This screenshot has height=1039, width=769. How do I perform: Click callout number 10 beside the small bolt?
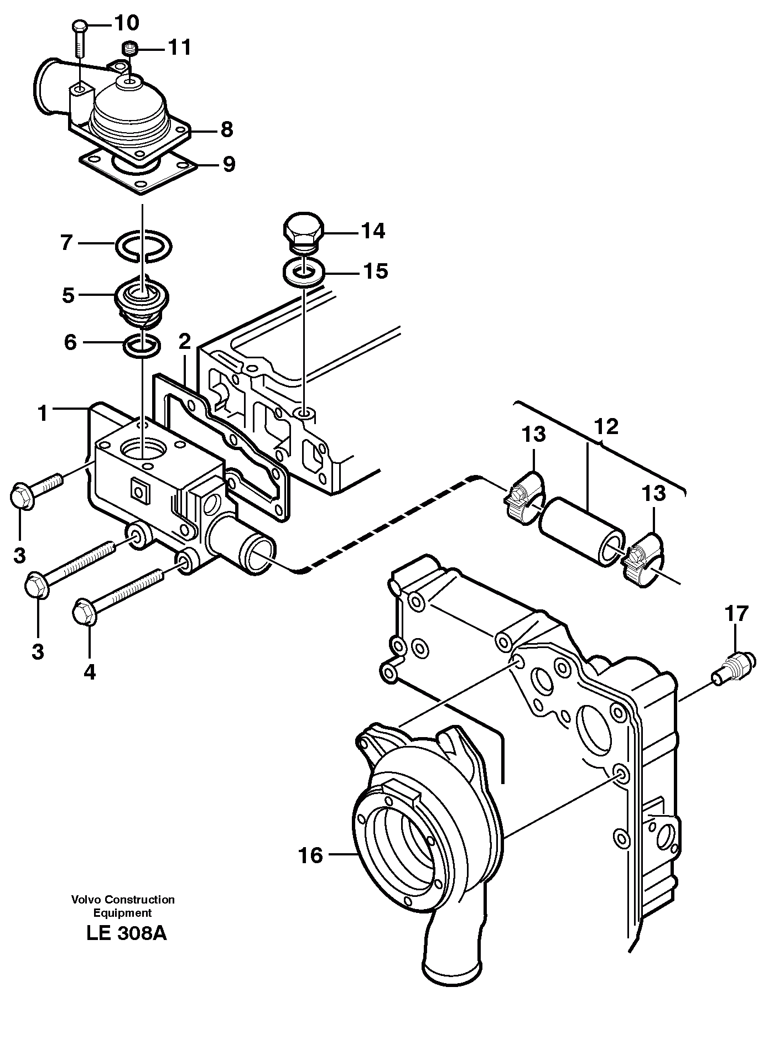[127, 23]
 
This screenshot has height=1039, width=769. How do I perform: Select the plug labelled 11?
[131, 50]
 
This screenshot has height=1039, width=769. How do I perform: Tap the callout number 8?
[226, 130]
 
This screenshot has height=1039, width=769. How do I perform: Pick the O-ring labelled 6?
[143, 346]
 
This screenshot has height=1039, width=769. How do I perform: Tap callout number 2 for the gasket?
[185, 341]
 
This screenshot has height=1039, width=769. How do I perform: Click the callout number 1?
[43, 413]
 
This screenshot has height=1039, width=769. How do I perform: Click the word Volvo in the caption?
[83, 900]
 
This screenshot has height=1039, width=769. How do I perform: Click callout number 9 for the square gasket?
[228, 164]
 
